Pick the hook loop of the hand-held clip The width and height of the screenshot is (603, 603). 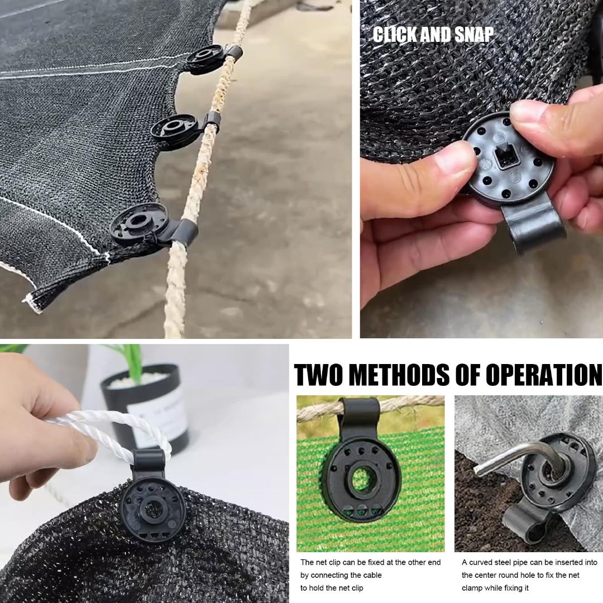click(x=534, y=227)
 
